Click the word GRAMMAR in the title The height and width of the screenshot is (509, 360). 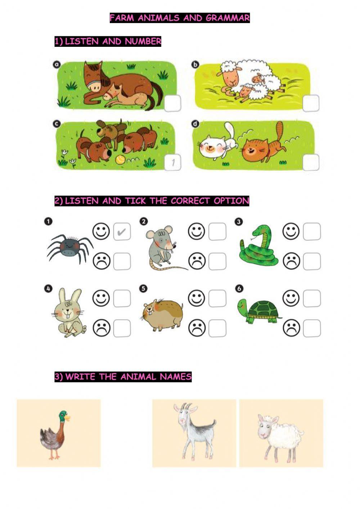point(228,18)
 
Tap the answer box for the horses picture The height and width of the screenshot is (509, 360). point(172,103)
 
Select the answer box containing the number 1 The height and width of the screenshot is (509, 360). point(172,162)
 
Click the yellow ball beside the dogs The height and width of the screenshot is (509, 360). point(120,159)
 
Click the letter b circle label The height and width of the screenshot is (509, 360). point(195,65)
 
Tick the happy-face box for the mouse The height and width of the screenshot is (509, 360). point(217,231)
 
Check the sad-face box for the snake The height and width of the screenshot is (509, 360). point(312,261)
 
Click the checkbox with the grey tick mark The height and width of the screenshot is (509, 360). point(122,231)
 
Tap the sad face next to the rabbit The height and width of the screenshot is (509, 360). point(102,328)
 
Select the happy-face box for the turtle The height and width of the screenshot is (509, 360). point(312,298)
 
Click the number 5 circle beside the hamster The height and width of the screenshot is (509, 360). point(143,289)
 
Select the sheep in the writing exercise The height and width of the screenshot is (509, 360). point(280,437)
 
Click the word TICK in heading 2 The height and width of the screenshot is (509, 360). point(135,201)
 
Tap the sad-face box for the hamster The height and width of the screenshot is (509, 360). point(217,328)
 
